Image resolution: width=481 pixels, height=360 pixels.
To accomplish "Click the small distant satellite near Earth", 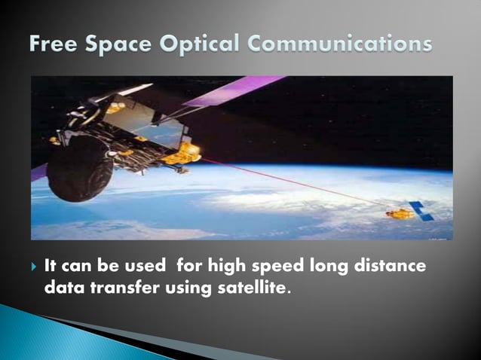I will pos(400,214).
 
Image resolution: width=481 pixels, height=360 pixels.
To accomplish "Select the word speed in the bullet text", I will pos(274,267).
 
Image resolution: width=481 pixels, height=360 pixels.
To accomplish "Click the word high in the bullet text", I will pos(229,267).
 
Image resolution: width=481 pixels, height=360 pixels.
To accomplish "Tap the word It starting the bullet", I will pos(51,267).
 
